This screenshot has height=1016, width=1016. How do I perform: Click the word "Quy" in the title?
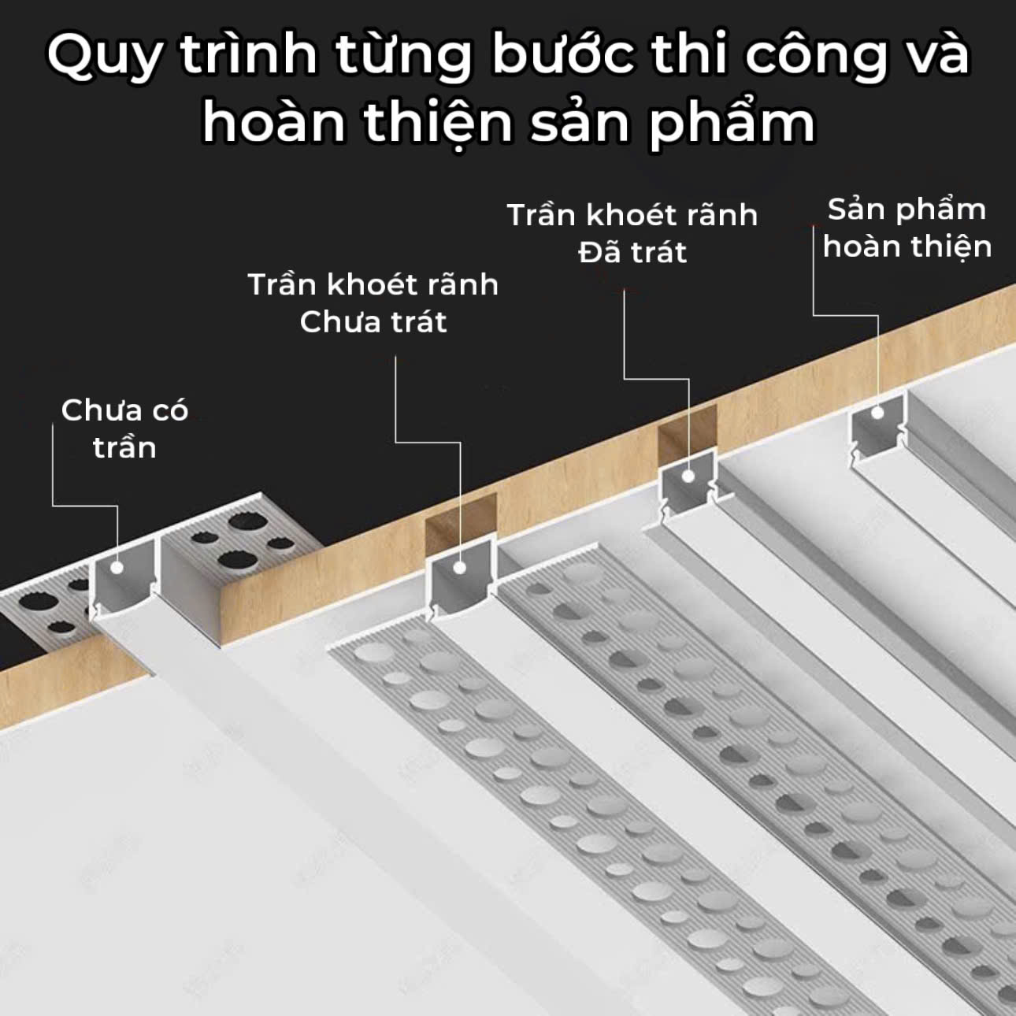point(103,55)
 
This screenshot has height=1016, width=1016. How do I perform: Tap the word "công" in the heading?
point(815,55)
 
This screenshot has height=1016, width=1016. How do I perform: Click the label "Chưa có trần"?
point(124,428)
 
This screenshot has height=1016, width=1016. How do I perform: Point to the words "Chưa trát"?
point(373,322)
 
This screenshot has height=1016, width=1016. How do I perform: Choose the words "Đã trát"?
point(632,253)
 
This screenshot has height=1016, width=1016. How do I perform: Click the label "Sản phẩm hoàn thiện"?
point(907,228)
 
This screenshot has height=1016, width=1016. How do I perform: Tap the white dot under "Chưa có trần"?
point(117,566)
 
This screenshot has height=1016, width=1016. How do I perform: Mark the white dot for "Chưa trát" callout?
point(460,566)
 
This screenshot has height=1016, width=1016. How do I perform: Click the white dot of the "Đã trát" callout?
point(688,476)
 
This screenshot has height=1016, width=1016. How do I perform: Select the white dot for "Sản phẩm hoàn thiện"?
point(877,412)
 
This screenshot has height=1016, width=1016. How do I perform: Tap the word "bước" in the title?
point(563,55)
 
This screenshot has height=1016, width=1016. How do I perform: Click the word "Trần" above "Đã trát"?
point(543,215)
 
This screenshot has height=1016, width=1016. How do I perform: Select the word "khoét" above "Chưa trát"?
point(375,284)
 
